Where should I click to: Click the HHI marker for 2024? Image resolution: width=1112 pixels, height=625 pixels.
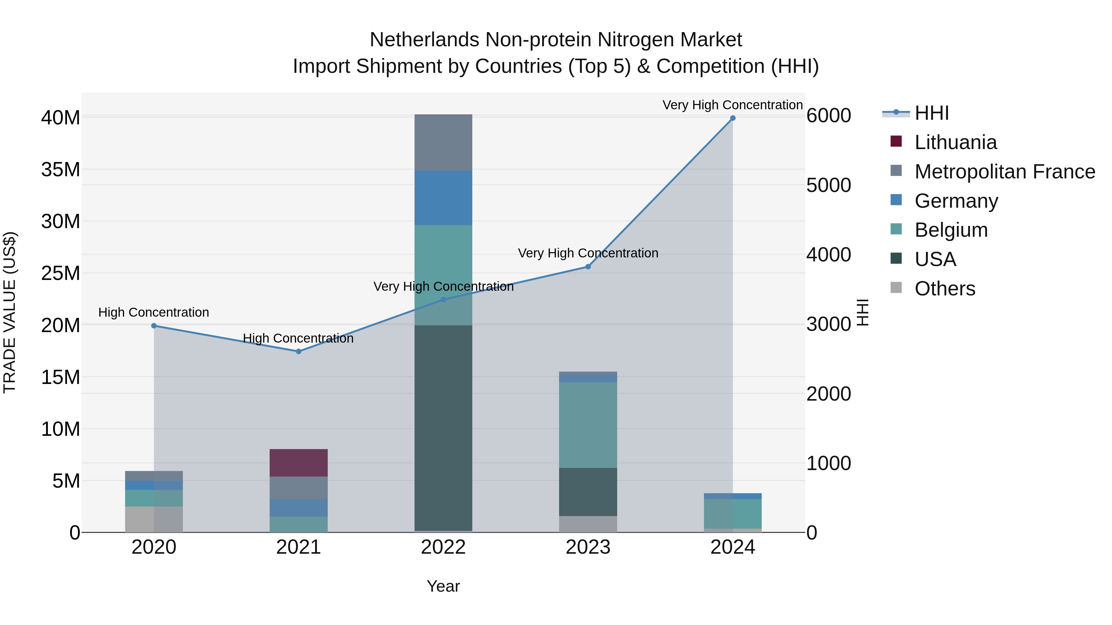point(733,118)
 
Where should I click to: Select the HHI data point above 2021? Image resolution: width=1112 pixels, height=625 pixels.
point(298,352)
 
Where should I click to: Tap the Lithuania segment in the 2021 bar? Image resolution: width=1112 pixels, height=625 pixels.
point(298,463)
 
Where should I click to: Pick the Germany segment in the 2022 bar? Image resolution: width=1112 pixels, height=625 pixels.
point(443,198)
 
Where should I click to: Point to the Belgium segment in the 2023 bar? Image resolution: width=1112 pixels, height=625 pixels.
point(588,425)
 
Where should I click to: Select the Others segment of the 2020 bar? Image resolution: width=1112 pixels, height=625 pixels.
point(154,519)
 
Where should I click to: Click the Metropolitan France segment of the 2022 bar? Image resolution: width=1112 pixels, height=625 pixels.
point(443,142)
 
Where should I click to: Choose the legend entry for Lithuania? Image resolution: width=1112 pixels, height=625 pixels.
point(955,142)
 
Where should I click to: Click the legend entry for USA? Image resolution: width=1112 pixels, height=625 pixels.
point(935,259)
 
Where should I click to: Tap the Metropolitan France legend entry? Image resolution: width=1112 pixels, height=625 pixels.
point(1004,172)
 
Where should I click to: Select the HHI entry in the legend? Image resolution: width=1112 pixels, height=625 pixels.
point(932,113)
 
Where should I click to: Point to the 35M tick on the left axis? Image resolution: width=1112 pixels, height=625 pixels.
point(61,169)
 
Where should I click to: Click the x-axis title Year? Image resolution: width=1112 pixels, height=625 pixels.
point(443,586)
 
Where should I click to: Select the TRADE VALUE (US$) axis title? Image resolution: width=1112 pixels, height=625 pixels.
point(10,312)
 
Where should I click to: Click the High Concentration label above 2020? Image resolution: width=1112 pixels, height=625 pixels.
point(154,312)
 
